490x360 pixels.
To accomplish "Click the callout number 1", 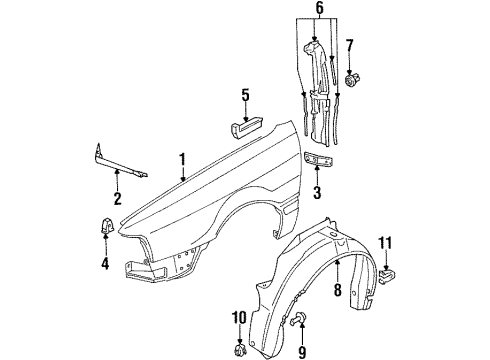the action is [183, 161].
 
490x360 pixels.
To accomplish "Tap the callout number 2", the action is [117, 198].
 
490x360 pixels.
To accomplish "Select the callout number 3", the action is [317, 192].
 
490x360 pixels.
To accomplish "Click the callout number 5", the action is [245, 95].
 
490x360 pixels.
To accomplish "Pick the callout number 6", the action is [320, 9].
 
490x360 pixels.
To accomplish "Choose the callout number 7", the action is [349, 46].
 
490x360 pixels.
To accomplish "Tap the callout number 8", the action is [338, 289].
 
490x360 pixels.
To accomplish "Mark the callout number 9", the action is [302, 352].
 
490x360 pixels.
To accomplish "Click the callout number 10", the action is [239, 318].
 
